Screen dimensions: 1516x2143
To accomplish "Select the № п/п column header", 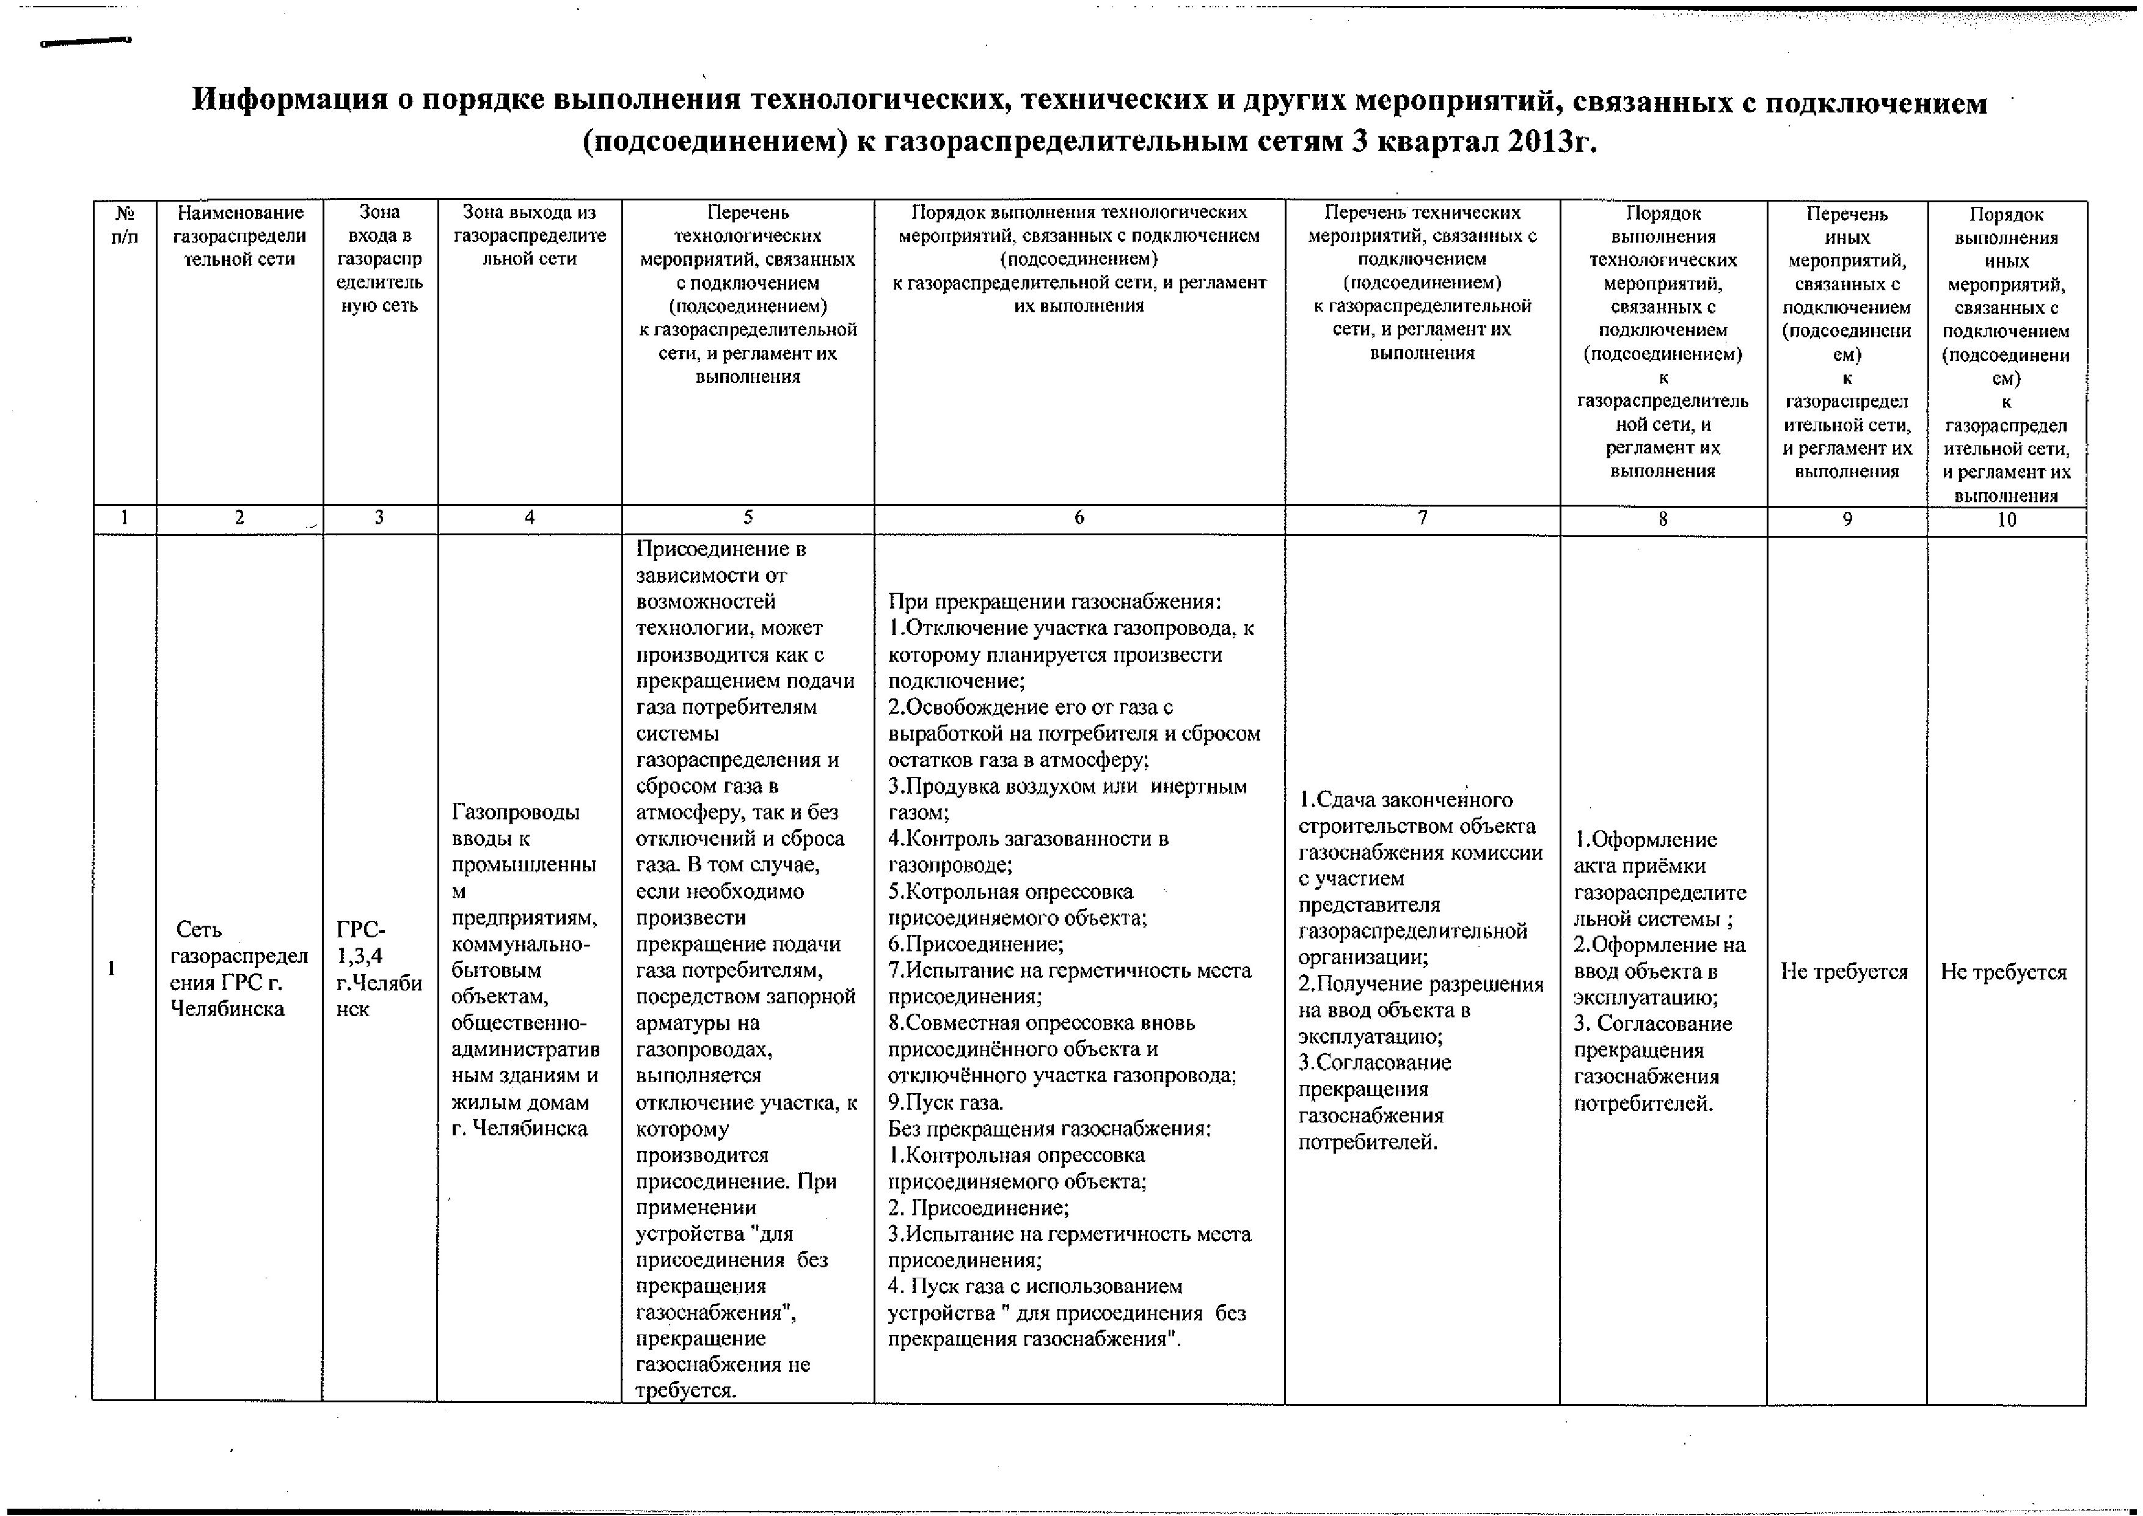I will pos(124,224).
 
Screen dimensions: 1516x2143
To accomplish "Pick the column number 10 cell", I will pos(2007,520).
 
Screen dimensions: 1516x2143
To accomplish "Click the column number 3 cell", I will pos(379,518).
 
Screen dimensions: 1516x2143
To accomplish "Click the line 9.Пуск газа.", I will pos(946,1102).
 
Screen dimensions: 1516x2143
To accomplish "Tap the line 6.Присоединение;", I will pos(976,944).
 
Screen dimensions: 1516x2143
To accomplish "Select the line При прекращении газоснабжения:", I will pos(1054,602).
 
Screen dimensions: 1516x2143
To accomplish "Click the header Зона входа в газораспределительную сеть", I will pos(379,258).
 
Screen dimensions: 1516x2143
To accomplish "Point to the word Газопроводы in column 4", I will pos(515,812).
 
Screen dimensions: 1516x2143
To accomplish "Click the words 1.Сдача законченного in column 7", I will pos(1404,800).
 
